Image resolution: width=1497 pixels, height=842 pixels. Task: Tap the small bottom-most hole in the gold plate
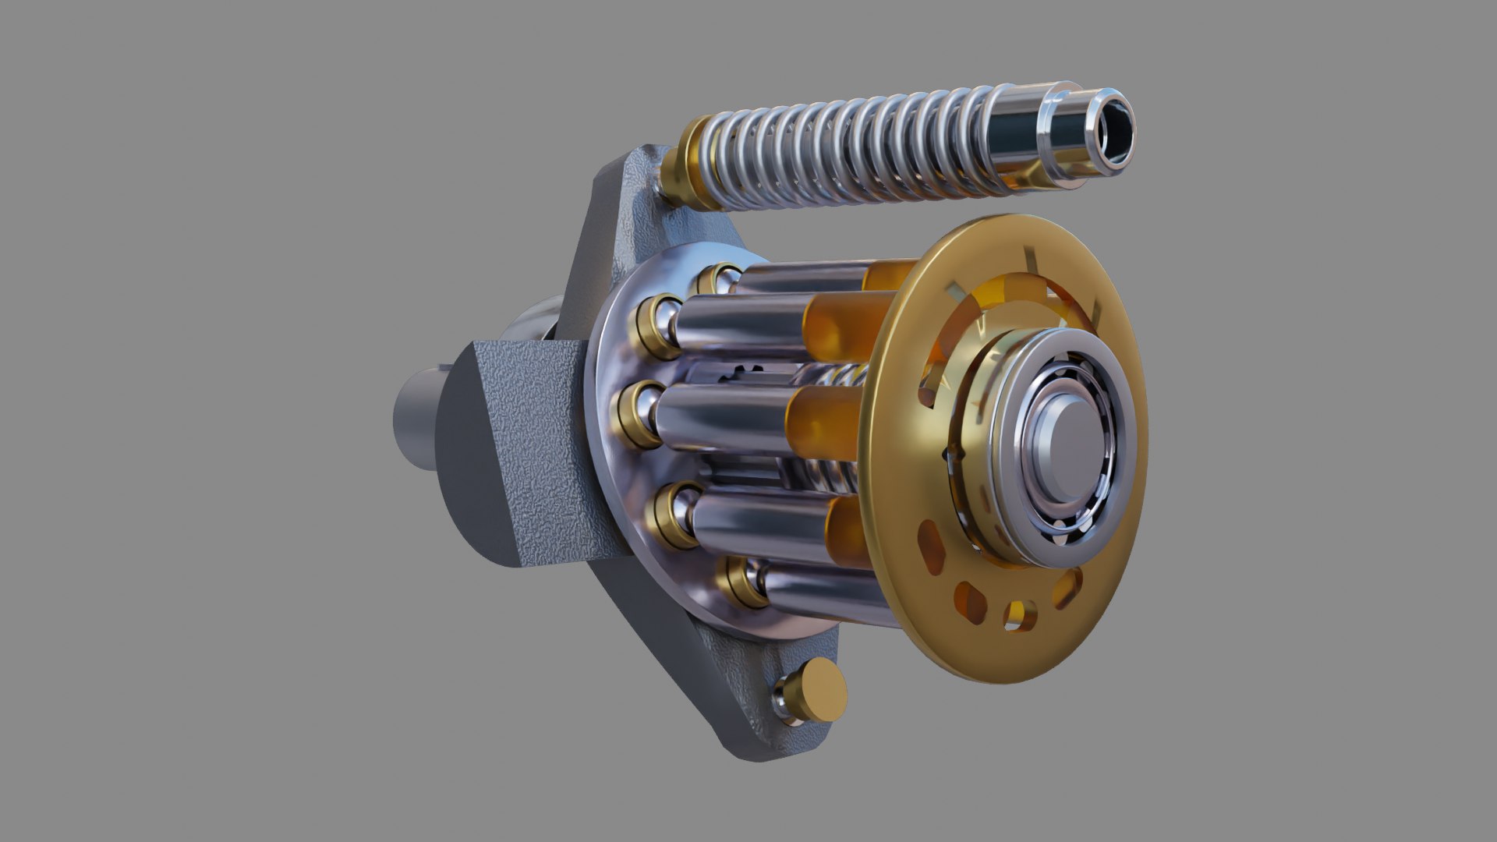point(1017,614)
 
